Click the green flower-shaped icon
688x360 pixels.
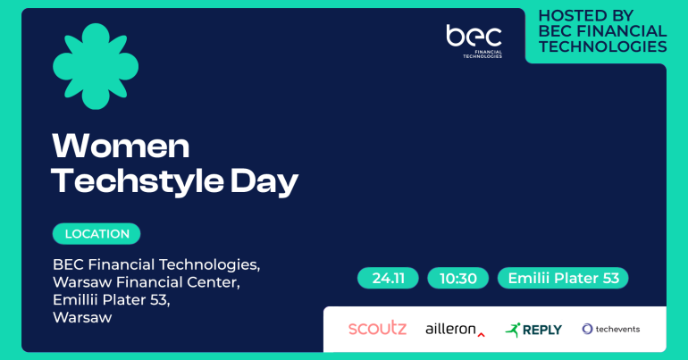pyautogui.click(x=96, y=66)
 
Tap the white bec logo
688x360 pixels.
pyautogui.click(x=474, y=41)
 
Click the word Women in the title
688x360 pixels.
pyautogui.click(x=121, y=146)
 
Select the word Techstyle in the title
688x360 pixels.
pyautogui.click(x=138, y=181)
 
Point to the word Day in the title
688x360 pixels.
pyautogui.click(x=264, y=181)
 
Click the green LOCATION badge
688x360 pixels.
pyautogui.click(x=96, y=234)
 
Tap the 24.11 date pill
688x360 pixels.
pyautogui.click(x=388, y=278)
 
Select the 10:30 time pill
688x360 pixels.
pyautogui.click(x=458, y=278)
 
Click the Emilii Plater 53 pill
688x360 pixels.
pyautogui.click(x=563, y=278)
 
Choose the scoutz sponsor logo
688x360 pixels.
pyautogui.click(x=377, y=329)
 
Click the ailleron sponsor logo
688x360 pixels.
pyautogui.click(x=455, y=329)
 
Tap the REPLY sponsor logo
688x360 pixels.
pyautogui.click(x=533, y=330)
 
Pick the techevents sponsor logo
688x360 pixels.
pyautogui.click(x=611, y=329)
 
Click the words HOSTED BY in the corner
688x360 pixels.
pyautogui.click(x=586, y=16)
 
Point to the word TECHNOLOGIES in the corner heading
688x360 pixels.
pyautogui.click(x=603, y=46)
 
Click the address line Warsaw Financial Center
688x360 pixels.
pyautogui.click(x=147, y=282)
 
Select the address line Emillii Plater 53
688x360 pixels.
pyautogui.click(x=111, y=299)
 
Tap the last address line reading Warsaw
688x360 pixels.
pyautogui.click(x=82, y=317)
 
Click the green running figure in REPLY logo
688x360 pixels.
pyautogui.click(x=513, y=330)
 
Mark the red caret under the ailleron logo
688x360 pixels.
pyautogui.click(x=482, y=335)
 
